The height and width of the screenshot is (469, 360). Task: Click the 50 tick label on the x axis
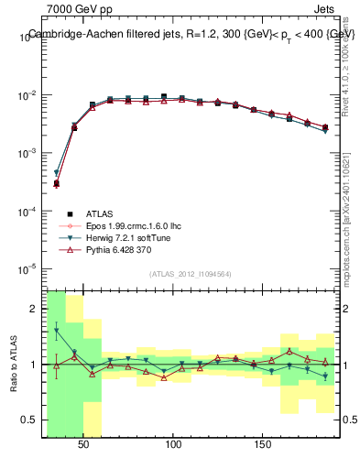pyautogui.click(x=83, y=444)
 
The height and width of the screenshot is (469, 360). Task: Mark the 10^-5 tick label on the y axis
pyautogui.click(x=27, y=268)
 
